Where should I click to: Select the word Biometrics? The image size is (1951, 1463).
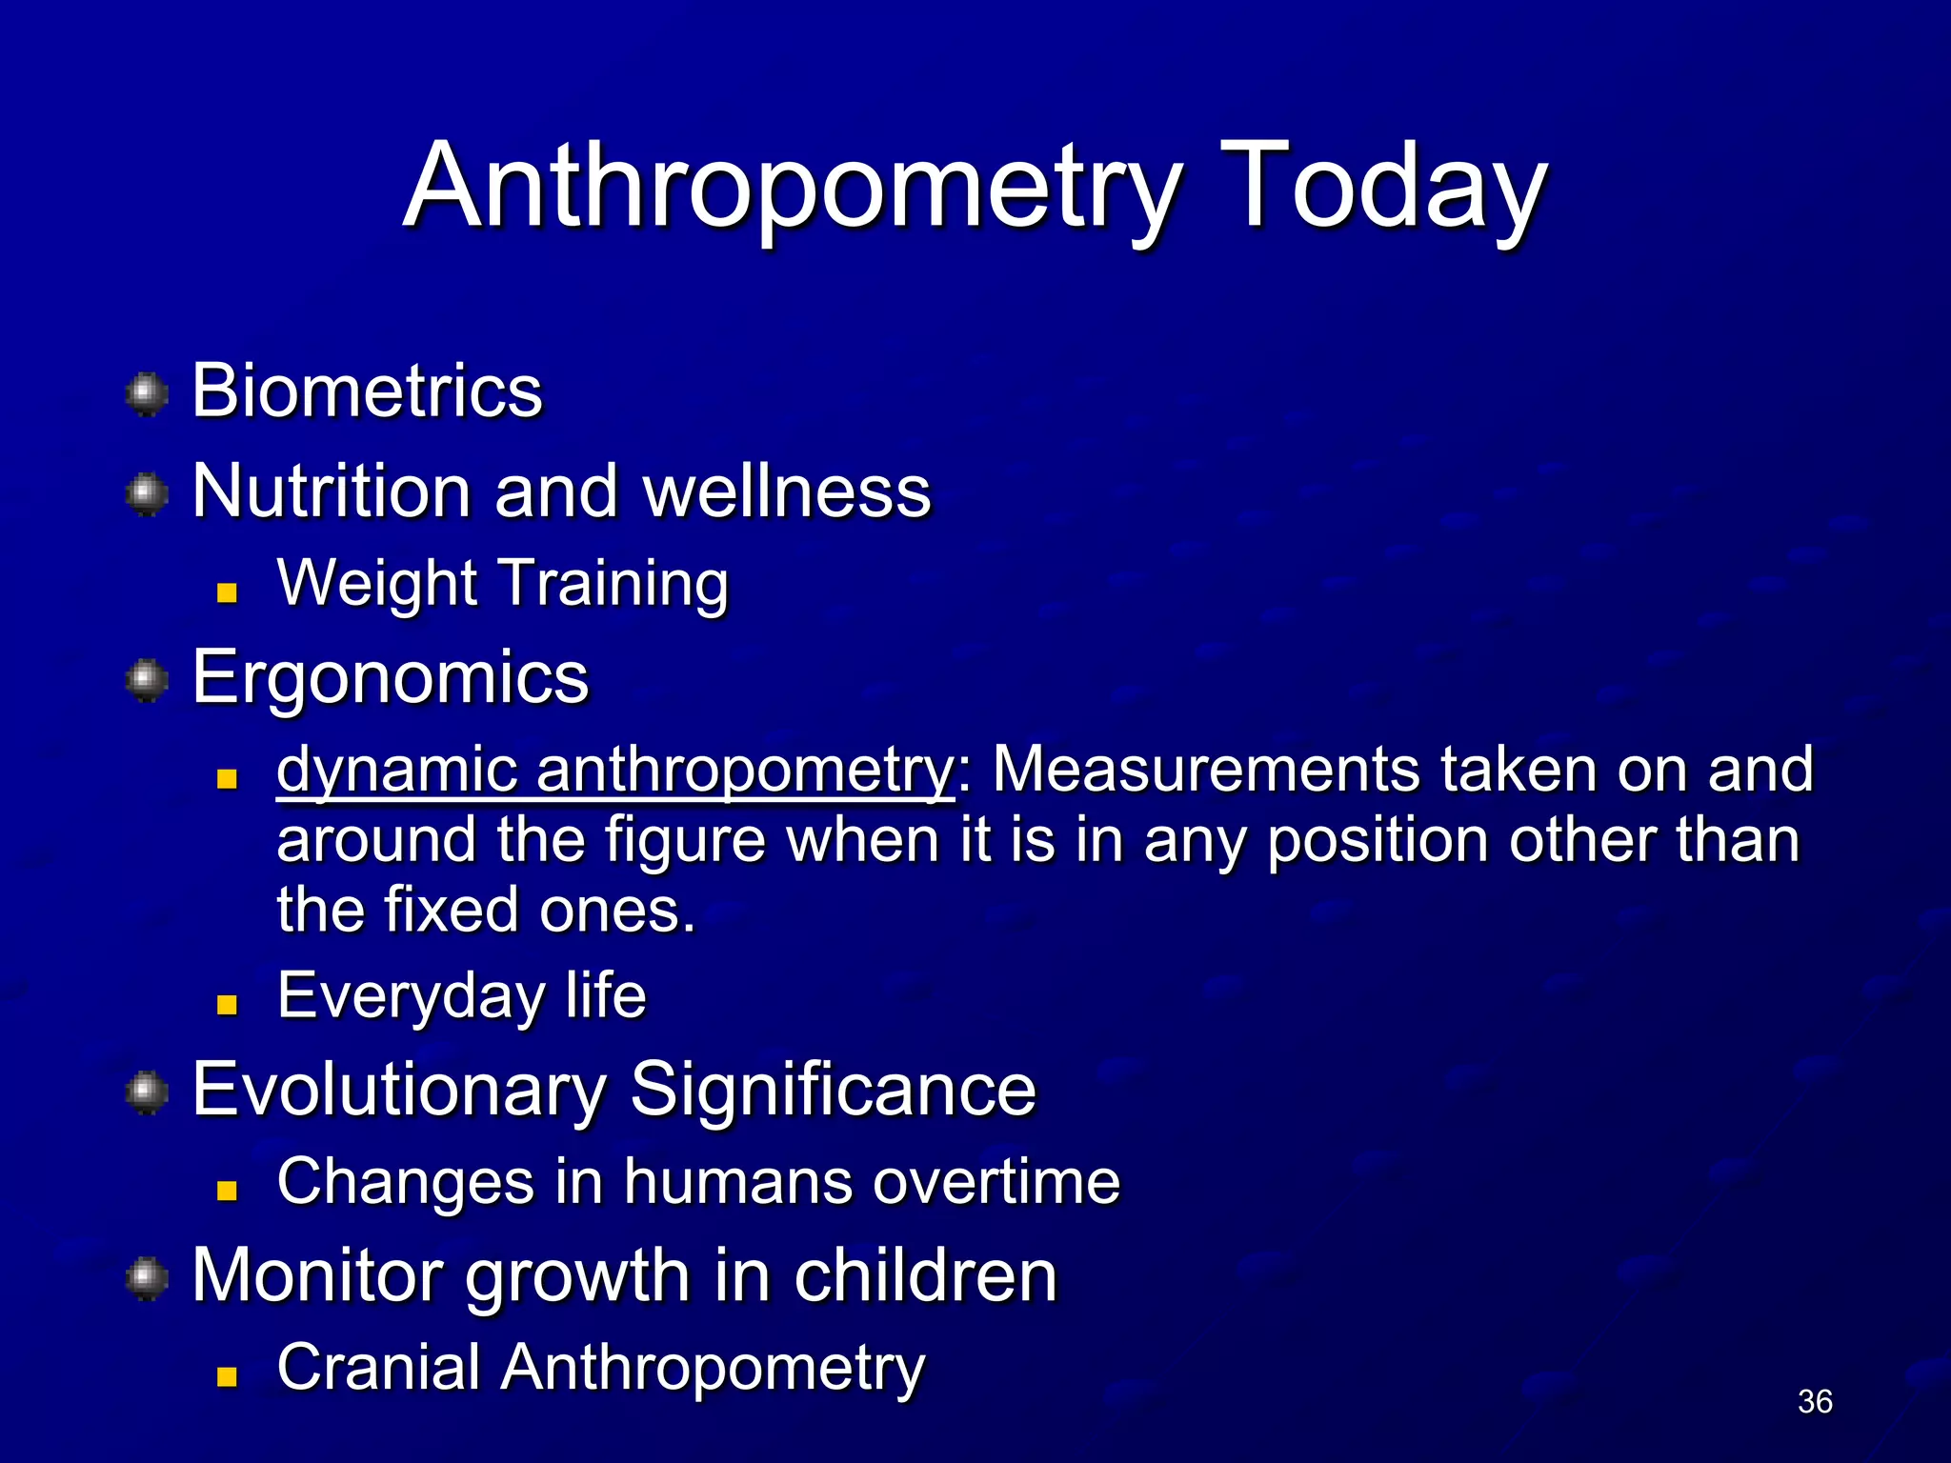pyautogui.click(x=367, y=391)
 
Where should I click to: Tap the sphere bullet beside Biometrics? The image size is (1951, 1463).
pyautogui.click(x=147, y=394)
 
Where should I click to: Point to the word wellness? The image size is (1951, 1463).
pyautogui.click(x=787, y=491)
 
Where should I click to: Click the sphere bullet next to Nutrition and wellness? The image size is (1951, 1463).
pyautogui.click(x=147, y=494)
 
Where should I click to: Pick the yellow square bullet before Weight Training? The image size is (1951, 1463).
pyautogui.click(x=227, y=593)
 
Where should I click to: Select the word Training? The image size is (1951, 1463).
pyautogui.click(x=613, y=583)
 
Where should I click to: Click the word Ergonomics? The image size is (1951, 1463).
pyautogui.click(x=391, y=677)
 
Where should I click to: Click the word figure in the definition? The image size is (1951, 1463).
pyautogui.click(x=685, y=840)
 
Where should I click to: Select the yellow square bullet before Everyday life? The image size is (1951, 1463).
pyautogui.click(x=227, y=1005)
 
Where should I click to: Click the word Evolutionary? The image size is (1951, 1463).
pyautogui.click(x=399, y=1090)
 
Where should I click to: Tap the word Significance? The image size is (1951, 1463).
pyautogui.click(x=833, y=1090)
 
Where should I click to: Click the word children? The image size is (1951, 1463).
pyautogui.click(x=925, y=1275)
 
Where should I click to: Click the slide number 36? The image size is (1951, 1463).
pyautogui.click(x=1815, y=1401)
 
